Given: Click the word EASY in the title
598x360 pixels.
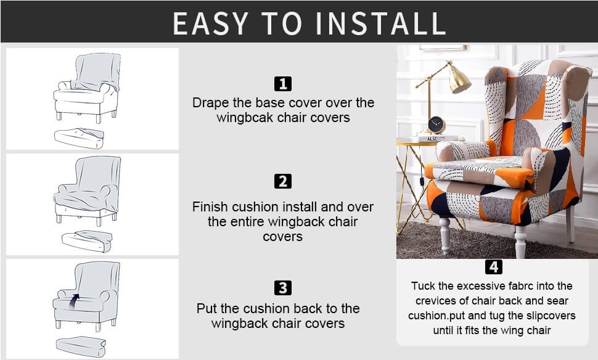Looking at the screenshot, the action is click(x=210, y=23).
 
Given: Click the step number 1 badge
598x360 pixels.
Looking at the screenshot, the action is click(x=282, y=84).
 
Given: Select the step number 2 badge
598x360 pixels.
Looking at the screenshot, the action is click(x=282, y=181).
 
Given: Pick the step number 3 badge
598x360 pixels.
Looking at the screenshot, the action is click(x=282, y=288).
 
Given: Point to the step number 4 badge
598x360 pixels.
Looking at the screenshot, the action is click(x=493, y=267).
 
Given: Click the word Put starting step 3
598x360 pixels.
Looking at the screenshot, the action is click(x=207, y=308).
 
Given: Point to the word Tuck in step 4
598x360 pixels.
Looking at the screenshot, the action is click(x=423, y=286).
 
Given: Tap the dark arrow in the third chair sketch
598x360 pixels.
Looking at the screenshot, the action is click(x=74, y=300).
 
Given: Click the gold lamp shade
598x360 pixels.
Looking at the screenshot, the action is click(x=459, y=78).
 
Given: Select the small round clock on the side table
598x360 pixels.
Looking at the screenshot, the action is click(x=436, y=125).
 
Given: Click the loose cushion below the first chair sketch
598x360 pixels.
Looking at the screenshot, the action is click(x=80, y=138).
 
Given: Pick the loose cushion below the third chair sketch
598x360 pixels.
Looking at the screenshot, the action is click(x=81, y=346).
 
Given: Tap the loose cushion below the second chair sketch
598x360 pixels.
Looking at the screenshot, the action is click(x=87, y=242).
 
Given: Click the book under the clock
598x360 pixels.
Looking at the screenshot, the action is click(x=438, y=139).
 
